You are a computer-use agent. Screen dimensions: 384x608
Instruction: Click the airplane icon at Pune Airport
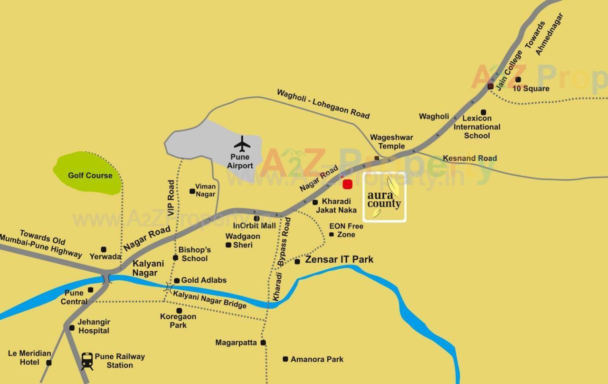pos(242,144)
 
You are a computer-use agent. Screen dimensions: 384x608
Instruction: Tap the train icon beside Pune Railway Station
pos(87,361)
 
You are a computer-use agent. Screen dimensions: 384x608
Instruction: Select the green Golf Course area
pos(88,174)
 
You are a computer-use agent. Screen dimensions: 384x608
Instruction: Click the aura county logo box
pos(384,197)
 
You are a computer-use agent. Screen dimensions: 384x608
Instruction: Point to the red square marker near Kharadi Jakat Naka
pos(347,184)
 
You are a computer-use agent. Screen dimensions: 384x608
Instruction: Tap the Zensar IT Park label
pos(339,260)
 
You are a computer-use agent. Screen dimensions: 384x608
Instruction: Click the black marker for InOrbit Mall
pos(256,218)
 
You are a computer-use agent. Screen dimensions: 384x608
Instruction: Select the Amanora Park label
pos(317,359)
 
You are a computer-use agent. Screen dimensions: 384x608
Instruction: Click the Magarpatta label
pos(236,343)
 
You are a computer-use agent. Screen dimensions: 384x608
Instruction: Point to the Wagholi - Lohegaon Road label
pos(323,104)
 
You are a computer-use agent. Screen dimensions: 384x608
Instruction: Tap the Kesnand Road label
pos(470,158)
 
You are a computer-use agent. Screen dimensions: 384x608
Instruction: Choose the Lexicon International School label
pos(476,127)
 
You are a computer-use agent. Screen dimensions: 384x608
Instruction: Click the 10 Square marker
pos(518,79)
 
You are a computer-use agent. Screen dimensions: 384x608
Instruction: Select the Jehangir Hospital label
pos(94,326)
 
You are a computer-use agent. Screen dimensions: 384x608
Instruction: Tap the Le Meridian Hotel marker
pos(48,363)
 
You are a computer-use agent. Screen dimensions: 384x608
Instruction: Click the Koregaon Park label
pos(178,321)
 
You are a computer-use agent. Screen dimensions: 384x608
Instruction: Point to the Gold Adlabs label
pos(204,280)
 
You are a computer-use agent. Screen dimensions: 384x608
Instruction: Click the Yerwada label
pos(105,256)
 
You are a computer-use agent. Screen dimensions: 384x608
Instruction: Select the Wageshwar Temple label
pos(391,142)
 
